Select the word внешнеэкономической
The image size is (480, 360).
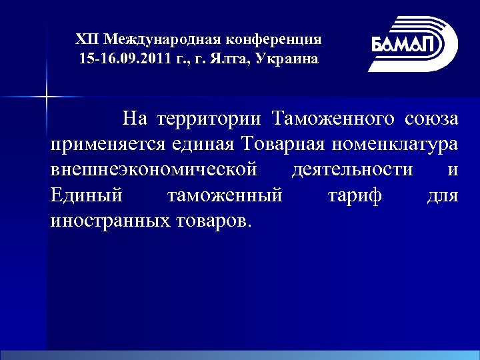coord(154,170)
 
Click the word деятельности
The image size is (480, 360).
coord(352,170)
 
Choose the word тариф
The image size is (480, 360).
coord(355,195)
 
